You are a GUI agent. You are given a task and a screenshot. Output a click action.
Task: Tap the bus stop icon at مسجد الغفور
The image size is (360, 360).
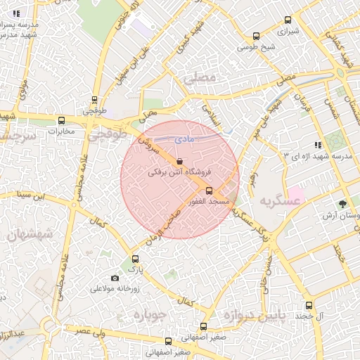click(208, 191)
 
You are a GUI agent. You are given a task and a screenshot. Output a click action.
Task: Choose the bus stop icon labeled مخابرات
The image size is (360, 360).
click(61, 120)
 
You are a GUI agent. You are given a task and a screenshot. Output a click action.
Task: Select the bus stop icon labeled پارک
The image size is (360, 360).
click(136, 259)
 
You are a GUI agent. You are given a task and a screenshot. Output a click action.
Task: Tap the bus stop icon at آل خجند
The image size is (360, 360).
click(309, 305)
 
